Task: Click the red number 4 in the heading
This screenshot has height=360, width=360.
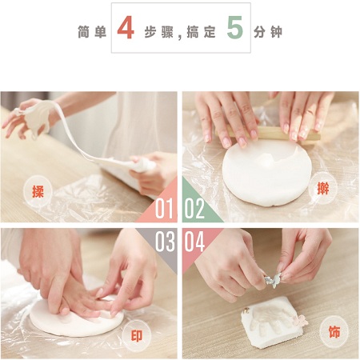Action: [126, 27]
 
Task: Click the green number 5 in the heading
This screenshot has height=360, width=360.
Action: [235, 27]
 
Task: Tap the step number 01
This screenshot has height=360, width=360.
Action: [165, 208]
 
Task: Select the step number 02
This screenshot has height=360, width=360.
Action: [194, 208]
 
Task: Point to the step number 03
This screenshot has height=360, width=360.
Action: [165, 242]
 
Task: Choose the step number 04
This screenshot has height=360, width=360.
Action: [194, 242]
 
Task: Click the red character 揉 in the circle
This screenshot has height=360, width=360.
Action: [38, 191]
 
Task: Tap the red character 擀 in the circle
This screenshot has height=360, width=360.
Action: [323, 188]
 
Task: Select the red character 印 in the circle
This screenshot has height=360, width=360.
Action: [137, 336]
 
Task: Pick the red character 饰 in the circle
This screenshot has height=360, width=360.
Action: [334, 332]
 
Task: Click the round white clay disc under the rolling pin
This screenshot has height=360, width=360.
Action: [267, 173]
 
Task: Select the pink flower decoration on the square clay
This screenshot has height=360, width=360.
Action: [301, 320]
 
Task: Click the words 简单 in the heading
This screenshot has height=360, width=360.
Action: [92, 32]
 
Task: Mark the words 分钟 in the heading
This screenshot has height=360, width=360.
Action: [268, 32]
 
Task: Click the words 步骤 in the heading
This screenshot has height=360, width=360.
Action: [159, 32]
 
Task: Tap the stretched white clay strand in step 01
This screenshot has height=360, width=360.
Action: [74, 134]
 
